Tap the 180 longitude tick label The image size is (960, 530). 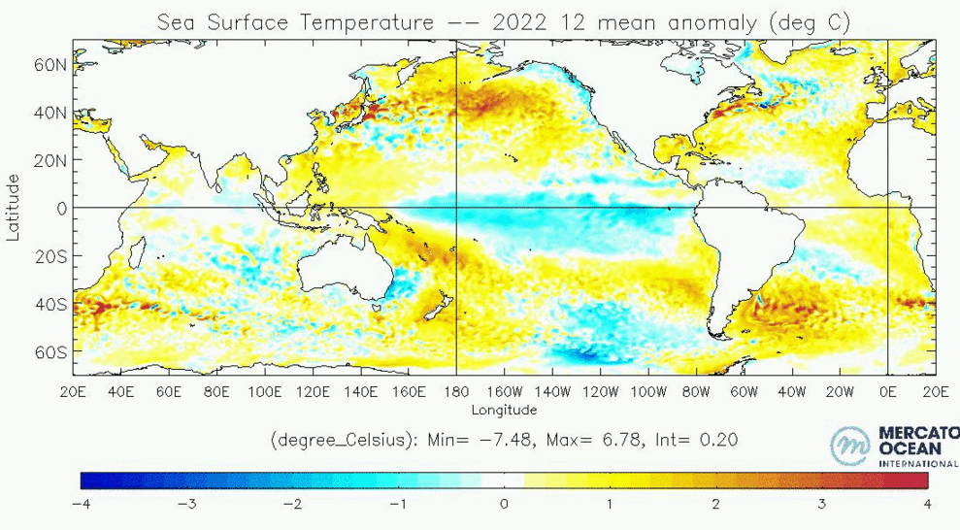click(456, 392)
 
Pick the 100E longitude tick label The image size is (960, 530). click(264, 392)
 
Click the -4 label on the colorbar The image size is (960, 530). click(81, 504)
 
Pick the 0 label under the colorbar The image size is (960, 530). click(504, 504)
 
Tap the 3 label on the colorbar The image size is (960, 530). click(821, 504)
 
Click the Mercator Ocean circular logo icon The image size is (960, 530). click(851, 446)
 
